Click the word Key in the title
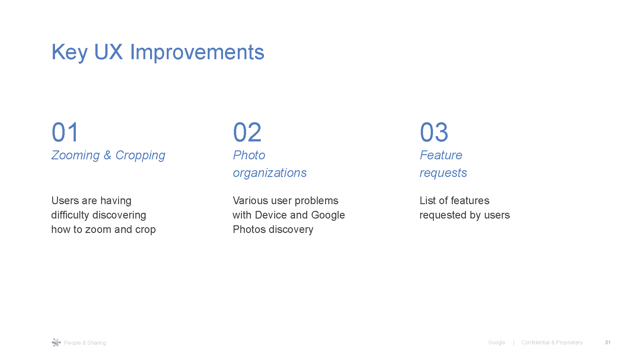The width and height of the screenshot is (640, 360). click(69, 52)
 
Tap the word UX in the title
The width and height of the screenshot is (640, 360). click(108, 52)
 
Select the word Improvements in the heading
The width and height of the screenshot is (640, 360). click(197, 52)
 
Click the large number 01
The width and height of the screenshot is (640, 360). click(65, 132)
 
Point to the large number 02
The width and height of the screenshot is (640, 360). click(247, 132)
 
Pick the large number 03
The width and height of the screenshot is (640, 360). click(434, 132)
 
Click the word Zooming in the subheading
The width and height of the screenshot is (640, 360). click(76, 155)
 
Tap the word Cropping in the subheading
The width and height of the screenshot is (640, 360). click(140, 155)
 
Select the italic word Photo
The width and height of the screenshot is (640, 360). click(249, 155)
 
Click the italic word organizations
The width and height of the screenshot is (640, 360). click(269, 173)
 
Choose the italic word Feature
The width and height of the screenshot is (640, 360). click(441, 155)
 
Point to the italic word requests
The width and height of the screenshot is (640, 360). click(443, 173)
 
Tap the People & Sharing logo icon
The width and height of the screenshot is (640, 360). click(56, 342)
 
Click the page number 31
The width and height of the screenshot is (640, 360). click(607, 342)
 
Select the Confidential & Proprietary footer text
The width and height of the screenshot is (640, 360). click(552, 342)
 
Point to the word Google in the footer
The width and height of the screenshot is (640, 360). click(496, 342)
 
